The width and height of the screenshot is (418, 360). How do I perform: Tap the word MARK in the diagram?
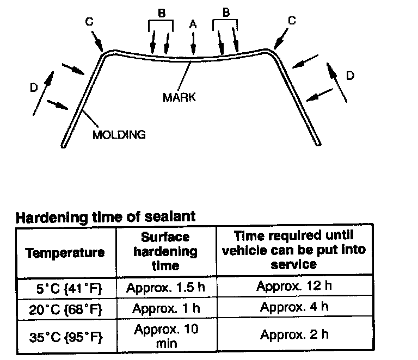click(x=179, y=98)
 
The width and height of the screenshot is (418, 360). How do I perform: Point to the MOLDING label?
click(x=120, y=134)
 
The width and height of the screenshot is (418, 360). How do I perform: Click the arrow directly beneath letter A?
click(x=193, y=44)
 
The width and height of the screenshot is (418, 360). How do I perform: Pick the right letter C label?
click(x=291, y=21)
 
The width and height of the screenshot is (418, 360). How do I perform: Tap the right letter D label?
click(x=350, y=76)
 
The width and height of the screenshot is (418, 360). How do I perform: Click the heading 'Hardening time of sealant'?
click(x=106, y=218)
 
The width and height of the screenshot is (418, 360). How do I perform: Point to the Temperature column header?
click(x=65, y=252)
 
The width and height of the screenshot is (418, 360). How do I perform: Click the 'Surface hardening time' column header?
click(x=165, y=251)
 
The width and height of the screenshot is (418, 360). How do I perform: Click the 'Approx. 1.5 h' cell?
click(x=165, y=287)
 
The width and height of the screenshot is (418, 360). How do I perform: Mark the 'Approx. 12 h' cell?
click(x=294, y=286)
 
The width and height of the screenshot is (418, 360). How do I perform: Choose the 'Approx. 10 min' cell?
click(x=165, y=336)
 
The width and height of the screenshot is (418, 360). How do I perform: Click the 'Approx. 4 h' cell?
click(x=294, y=307)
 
